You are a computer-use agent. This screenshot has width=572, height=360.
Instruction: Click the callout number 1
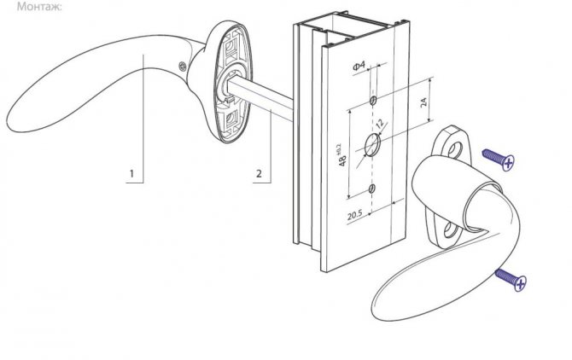pyautogui.click(x=131, y=173)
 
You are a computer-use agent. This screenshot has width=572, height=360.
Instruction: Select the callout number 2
pyautogui.click(x=259, y=173)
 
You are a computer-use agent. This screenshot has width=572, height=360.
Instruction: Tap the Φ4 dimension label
pyautogui.click(x=359, y=66)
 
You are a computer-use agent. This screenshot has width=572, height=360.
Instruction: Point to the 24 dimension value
pyautogui.click(x=423, y=102)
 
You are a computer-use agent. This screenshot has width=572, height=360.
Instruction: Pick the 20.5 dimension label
pyautogui.click(x=354, y=215)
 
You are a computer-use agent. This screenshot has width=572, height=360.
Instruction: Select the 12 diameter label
pyautogui.click(x=380, y=124)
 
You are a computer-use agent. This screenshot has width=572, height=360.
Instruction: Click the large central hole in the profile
pyautogui.click(x=372, y=145)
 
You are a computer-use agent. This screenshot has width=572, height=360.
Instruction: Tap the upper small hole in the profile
pyautogui.click(x=373, y=101)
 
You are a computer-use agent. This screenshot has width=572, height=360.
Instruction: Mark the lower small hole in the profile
pyautogui.click(x=371, y=189)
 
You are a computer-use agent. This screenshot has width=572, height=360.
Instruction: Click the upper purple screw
pyautogui.click(x=499, y=160)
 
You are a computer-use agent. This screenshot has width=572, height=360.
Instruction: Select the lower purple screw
pyautogui.click(x=511, y=280)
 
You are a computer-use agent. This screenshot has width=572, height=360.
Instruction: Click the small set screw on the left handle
pyautogui.click(x=183, y=66)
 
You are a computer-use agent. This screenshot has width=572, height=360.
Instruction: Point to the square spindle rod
pyautogui.click(x=260, y=100)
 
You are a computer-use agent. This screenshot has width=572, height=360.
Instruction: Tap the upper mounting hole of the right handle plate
pyautogui.click(x=454, y=149)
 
